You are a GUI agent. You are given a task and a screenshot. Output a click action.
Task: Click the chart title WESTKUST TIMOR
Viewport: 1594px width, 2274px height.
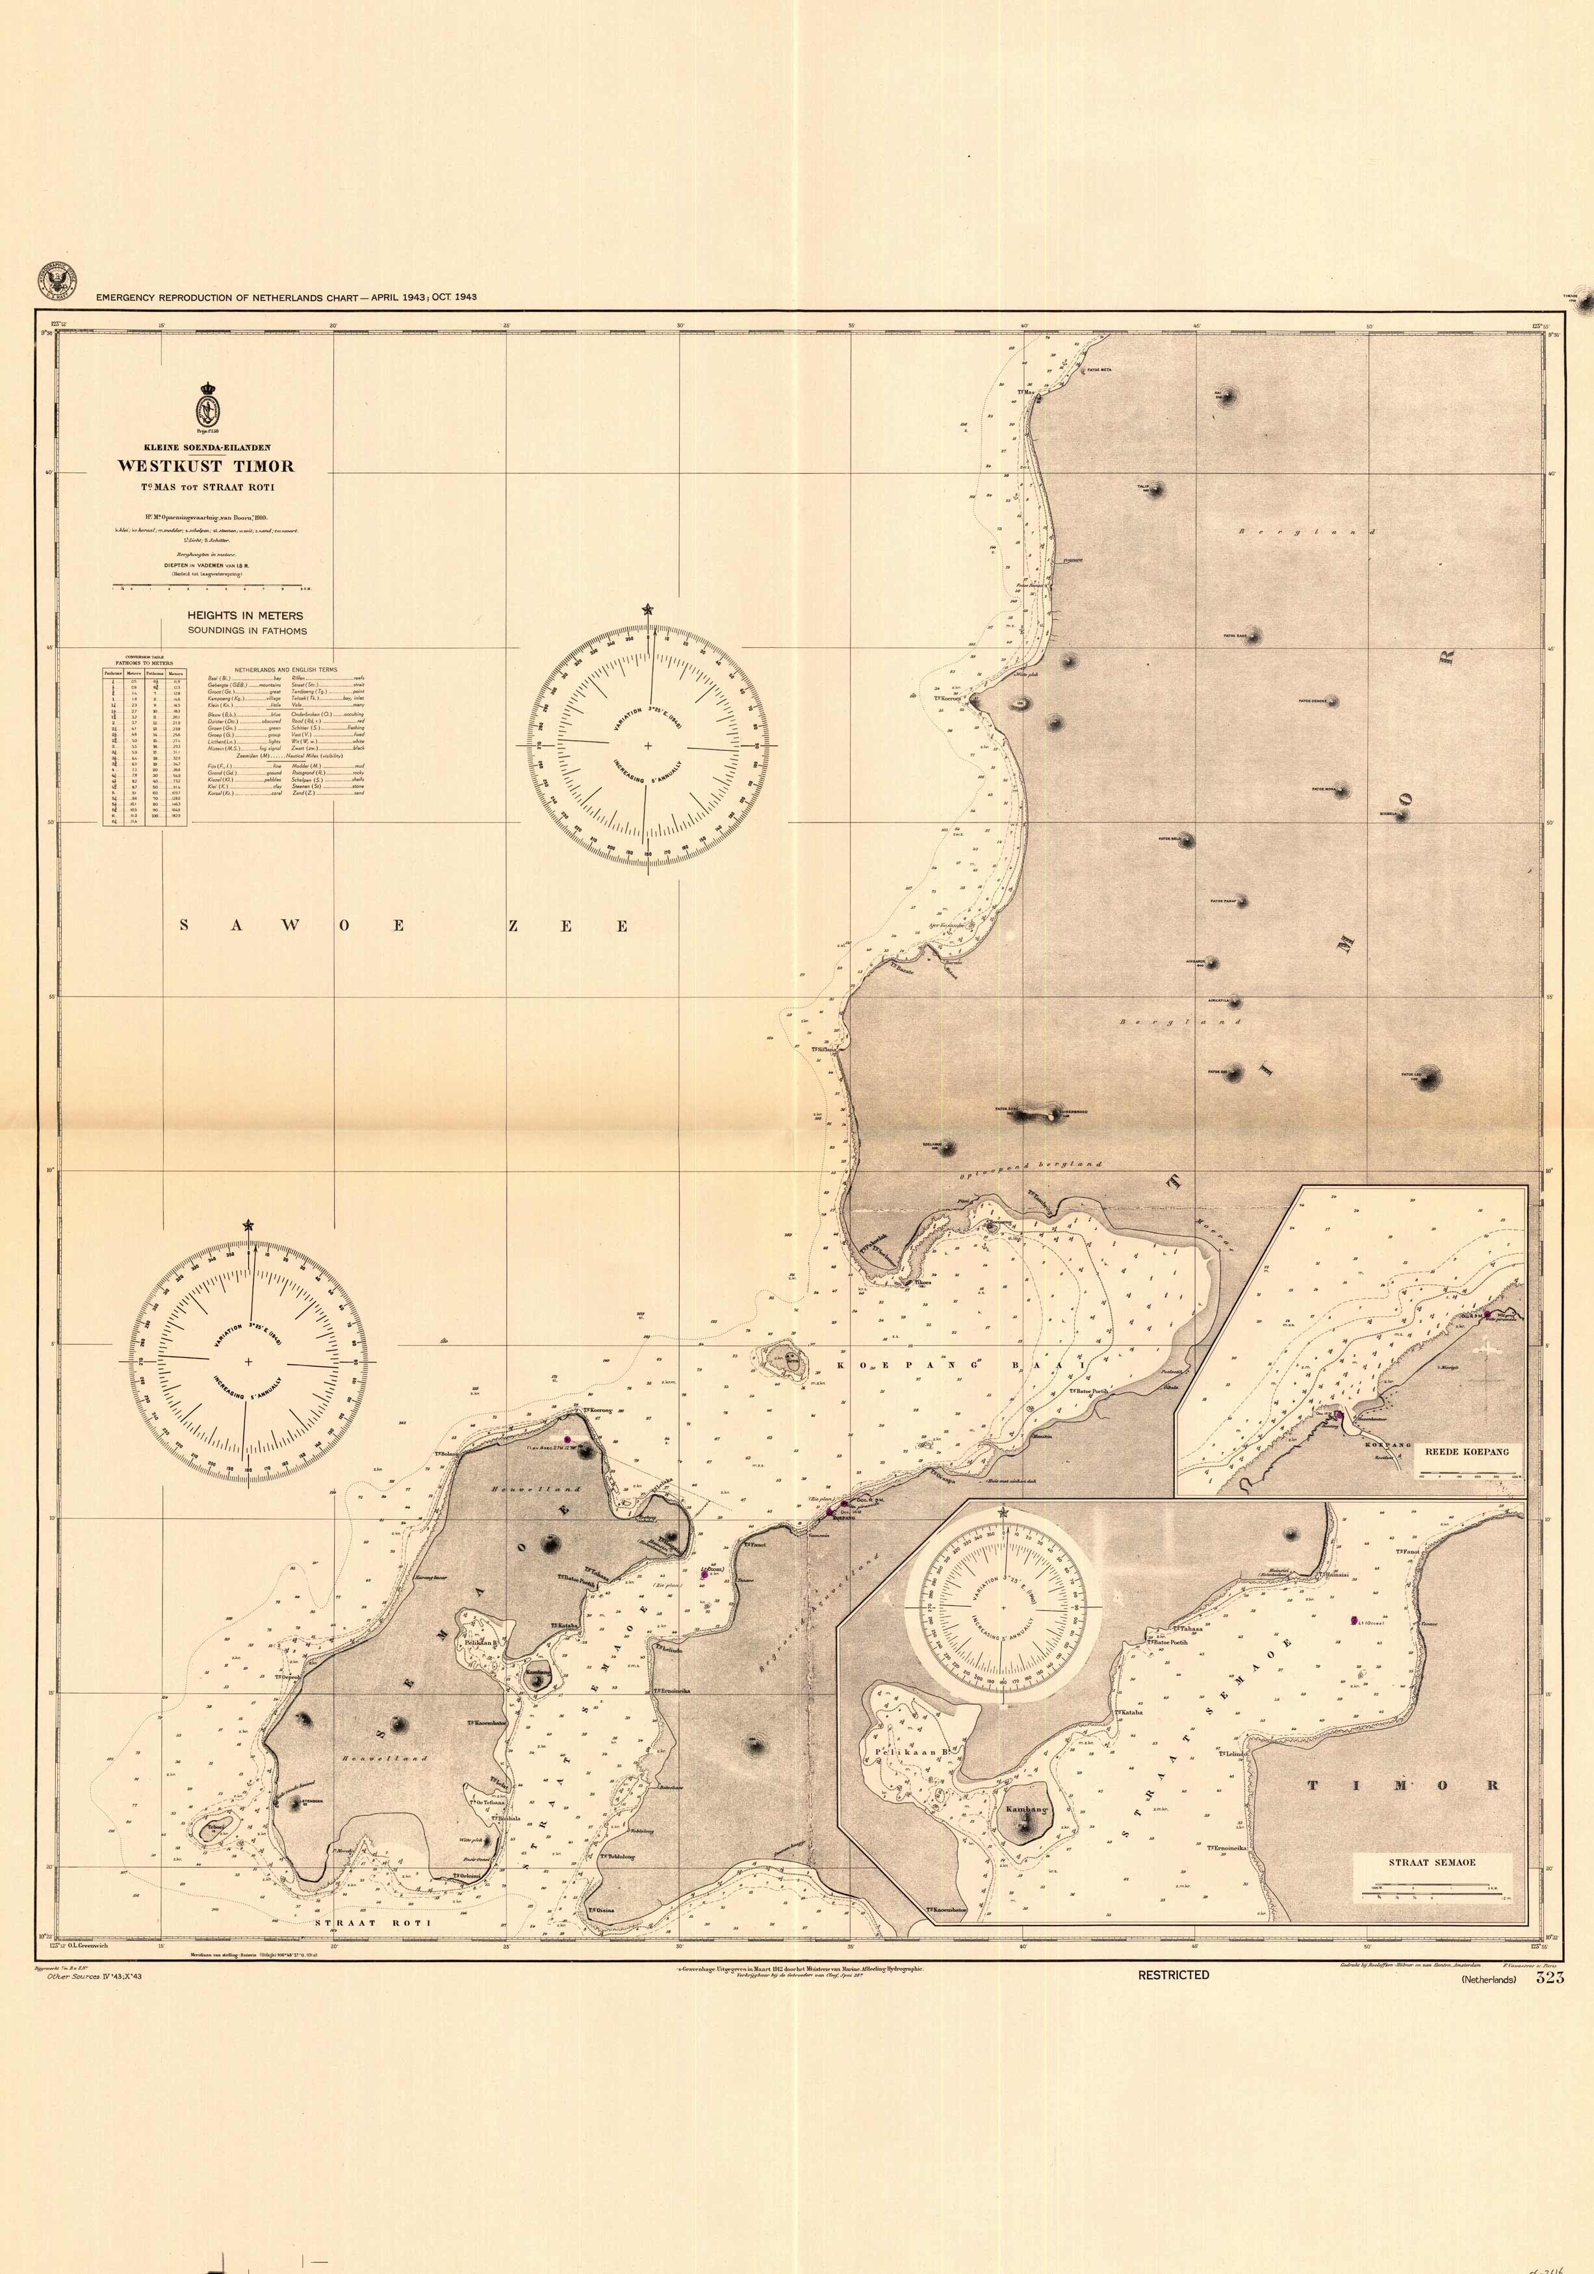click(206, 465)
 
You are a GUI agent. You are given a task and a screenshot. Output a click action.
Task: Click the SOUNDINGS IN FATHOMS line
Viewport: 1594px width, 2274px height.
click(247, 630)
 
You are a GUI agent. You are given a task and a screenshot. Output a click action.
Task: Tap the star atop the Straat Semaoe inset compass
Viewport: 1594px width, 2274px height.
click(1003, 1513)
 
